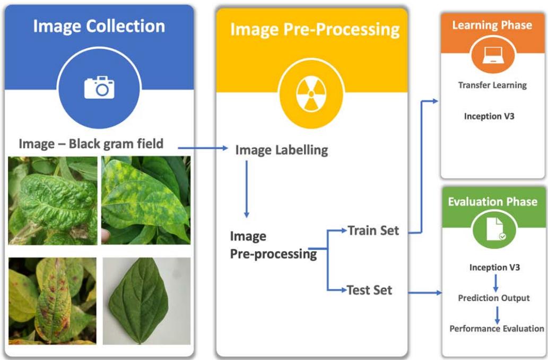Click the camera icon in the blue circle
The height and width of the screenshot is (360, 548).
click(99, 88)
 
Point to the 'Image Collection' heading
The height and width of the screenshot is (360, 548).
click(99, 26)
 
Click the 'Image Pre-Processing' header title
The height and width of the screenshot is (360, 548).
click(315, 29)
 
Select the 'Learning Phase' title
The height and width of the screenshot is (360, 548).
click(492, 25)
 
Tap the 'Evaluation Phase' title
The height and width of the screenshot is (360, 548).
click(492, 202)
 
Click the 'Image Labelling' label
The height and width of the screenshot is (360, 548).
click(281, 150)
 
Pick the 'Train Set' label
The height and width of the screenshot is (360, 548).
click(373, 230)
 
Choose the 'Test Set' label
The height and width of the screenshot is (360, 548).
click(369, 290)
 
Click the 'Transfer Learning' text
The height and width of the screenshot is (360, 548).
click(492, 85)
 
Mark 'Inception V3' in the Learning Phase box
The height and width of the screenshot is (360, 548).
click(489, 116)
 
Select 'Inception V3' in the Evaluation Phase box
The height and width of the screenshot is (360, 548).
click(494, 268)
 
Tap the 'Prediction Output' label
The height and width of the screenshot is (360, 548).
click(494, 298)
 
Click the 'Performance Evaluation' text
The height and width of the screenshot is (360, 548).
click(497, 329)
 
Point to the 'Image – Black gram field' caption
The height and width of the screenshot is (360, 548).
click(91, 143)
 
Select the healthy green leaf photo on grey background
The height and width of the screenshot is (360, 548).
click(146, 301)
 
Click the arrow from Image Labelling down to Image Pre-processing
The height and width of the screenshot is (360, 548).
click(246, 188)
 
